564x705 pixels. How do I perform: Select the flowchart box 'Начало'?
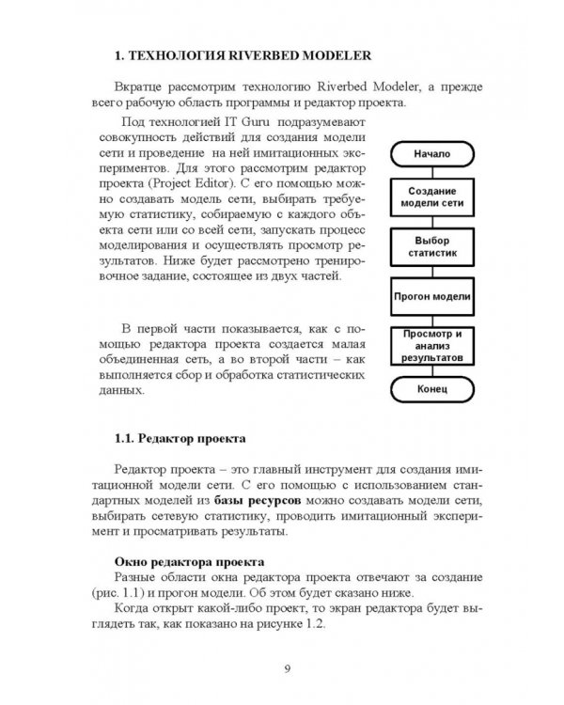click(x=433, y=153)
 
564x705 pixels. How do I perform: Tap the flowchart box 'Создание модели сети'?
click(x=433, y=196)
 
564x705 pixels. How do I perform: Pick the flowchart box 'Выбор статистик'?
click(x=433, y=248)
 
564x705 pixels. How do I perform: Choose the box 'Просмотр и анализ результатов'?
click(x=433, y=346)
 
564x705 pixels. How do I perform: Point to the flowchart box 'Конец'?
click(x=433, y=387)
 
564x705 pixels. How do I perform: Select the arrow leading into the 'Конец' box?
click(x=433, y=370)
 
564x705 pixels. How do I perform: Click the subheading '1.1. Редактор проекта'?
click(x=180, y=438)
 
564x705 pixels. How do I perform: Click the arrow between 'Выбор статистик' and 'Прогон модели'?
click(x=433, y=272)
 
